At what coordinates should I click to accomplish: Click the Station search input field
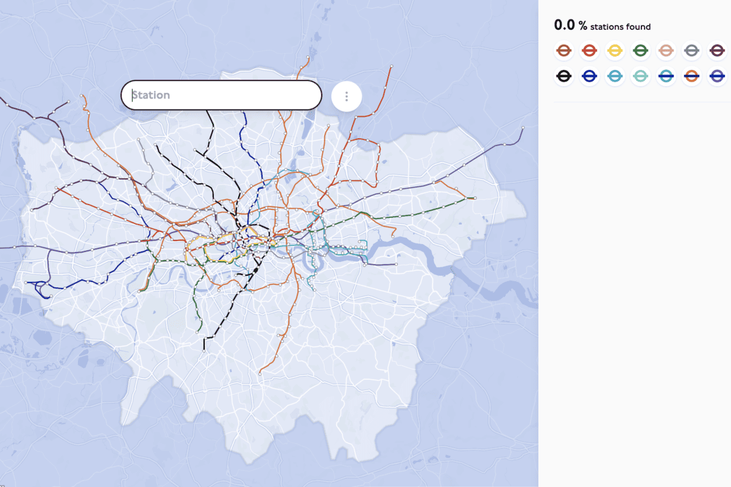(221, 96)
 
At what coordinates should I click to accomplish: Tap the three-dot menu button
(347, 96)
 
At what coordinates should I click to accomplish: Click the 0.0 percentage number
(564, 25)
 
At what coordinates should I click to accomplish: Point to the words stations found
(620, 27)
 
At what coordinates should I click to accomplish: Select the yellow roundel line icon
(615, 51)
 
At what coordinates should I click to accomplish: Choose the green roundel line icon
(641, 51)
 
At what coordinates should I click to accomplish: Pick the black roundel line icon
(564, 76)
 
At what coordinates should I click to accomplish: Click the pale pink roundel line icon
(666, 51)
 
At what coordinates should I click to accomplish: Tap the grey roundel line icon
(692, 51)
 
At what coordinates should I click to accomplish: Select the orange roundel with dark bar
(692, 76)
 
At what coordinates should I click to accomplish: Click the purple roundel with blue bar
(717, 76)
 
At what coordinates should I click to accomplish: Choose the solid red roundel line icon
(590, 51)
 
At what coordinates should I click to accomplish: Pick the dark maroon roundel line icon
(717, 51)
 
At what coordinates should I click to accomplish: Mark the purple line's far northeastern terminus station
(523, 128)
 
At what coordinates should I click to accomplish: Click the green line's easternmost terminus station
(475, 198)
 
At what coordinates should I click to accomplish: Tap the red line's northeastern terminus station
(392, 66)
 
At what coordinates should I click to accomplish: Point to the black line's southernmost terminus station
(204, 351)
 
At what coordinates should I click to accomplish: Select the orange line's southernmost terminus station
(260, 374)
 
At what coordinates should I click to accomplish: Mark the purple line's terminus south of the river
(396, 264)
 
